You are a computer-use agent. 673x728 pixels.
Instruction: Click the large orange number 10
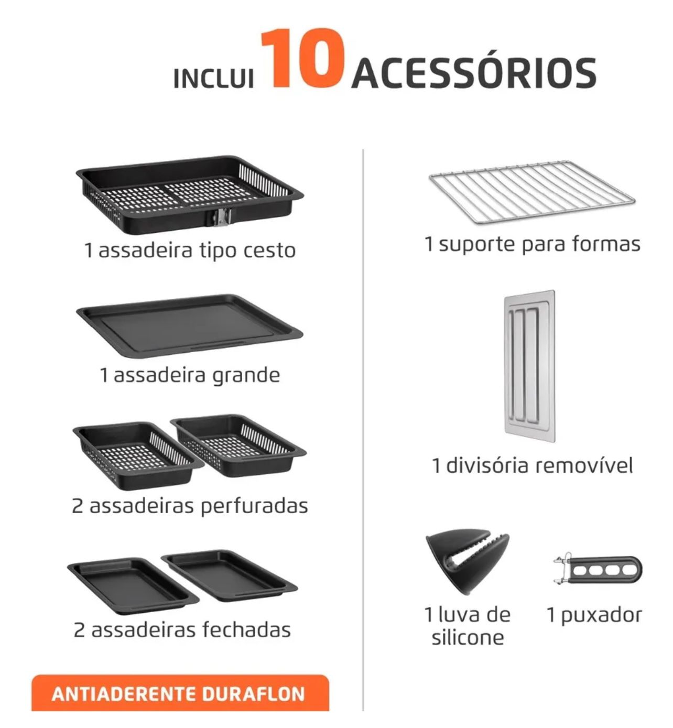click(302, 58)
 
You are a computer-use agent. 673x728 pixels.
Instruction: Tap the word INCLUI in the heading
click(213, 79)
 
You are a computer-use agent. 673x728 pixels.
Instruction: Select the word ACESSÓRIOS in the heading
click(473, 73)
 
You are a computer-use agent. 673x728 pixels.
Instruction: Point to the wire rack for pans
click(532, 192)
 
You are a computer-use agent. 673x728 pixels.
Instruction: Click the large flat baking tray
click(189, 325)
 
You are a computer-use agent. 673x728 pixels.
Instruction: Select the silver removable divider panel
click(529, 366)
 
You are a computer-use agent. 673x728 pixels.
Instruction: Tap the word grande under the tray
click(246, 376)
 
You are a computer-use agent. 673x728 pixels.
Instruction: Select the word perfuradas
click(254, 506)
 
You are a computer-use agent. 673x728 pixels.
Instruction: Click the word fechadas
click(246, 630)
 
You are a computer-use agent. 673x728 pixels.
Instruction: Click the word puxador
click(602, 615)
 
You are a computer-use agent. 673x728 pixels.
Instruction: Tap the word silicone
click(468, 638)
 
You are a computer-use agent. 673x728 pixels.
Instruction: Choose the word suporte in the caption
click(477, 245)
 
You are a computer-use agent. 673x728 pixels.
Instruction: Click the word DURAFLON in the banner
click(253, 693)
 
